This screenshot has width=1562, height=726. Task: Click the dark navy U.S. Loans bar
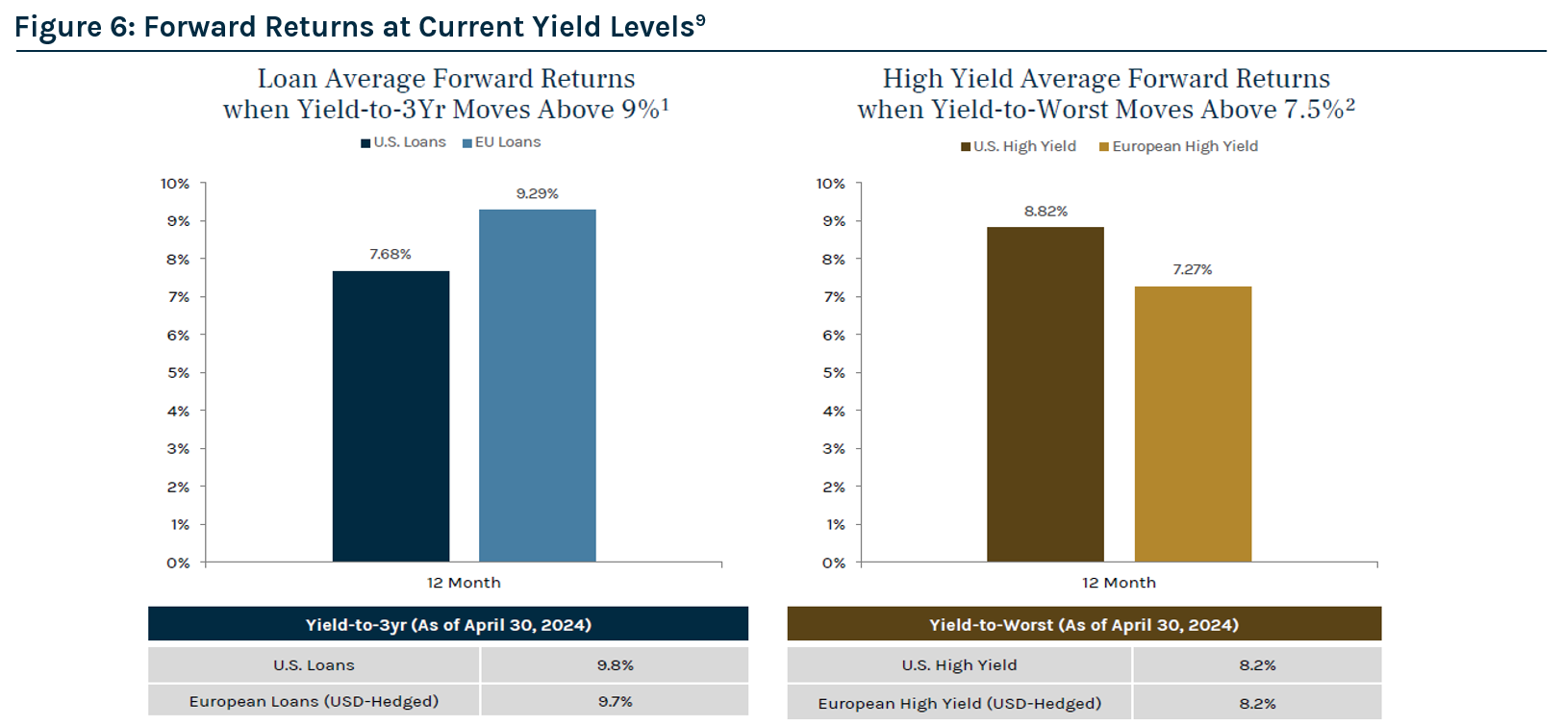pyautogui.click(x=390, y=416)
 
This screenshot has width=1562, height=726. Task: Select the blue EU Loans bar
pyautogui.click(x=537, y=386)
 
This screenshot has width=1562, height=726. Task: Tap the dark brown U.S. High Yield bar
pyautogui.click(x=1045, y=394)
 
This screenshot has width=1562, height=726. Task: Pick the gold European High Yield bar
pyautogui.click(x=1193, y=424)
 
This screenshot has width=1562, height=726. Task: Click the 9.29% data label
pyautogui.click(x=537, y=193)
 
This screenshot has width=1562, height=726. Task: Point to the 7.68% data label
pyautogui.click(x=390, y=254)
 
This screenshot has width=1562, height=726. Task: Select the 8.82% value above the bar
pyautogui.click(x=1046, y=212)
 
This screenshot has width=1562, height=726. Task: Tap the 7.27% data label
pyautogui.click(x=1193, y=270)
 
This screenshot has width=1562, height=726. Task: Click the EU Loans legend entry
pyautogui.click(x=502, y=142)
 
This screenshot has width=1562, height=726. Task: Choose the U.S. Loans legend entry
pyautogui.click(x=404, y=142)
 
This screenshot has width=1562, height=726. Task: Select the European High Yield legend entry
pyautogui.click(x=1179, y=146)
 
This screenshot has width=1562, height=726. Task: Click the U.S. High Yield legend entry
pyautogui.click(x=1019, y=146)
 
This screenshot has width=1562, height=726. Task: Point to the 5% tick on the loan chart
pyautogui.click(x=178, y=373)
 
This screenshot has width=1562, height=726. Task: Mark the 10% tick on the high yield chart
pyautogui.click(x=831, y=184)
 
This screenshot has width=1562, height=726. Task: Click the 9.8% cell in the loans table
pyautogui.click(x=615, y=665)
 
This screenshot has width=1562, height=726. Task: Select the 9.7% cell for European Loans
pyautogui.click(x=615, y=702)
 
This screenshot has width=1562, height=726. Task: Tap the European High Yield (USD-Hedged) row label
pyautogui.click(x=960, y=704)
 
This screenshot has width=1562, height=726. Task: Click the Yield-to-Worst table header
pyautogui.click(x=1084, y=625)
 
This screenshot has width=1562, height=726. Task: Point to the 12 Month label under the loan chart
pyautogui.click(x=464, y=583)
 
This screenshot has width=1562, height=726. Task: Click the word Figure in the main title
pyautogui.click(x=57, y=27)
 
